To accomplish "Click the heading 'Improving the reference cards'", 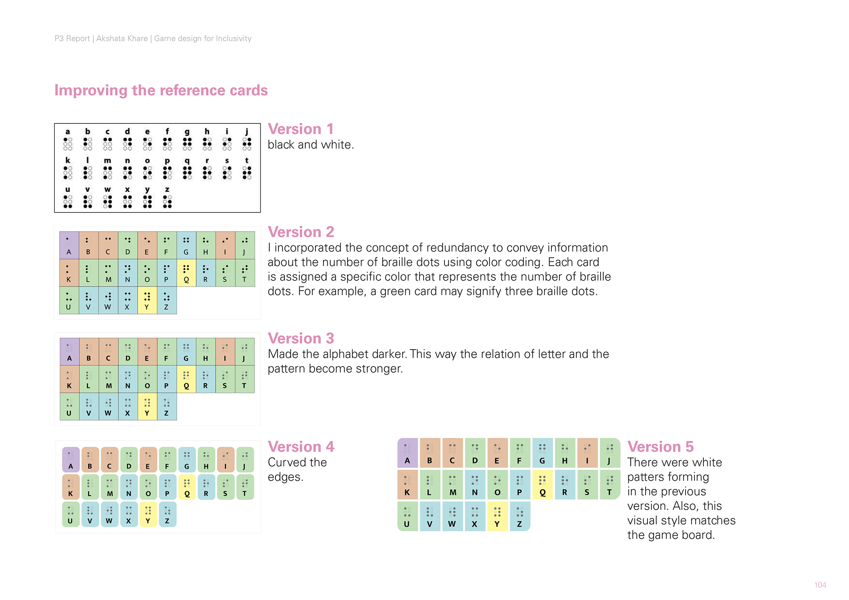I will [161, 90].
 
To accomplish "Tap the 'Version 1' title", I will [301, 129].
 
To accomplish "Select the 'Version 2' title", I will [301, 232].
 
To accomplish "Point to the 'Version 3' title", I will [301, 339].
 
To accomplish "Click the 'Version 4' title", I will [301, 447].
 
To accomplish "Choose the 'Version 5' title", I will [660, 447].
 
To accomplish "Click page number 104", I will [820, 585].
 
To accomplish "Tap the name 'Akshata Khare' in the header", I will [122, 39].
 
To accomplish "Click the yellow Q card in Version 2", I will [186, 273].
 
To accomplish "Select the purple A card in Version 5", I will [408, 453].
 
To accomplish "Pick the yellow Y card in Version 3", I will [147, 407].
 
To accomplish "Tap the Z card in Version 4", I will [167, 514].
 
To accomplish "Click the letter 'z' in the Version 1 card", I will [167, 190].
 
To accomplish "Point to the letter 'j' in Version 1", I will [247, 132].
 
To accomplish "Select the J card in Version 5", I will [610, 453].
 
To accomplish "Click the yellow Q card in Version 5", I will [542, 484].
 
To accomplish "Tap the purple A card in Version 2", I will [69, 245].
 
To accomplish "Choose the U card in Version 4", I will [70, 514].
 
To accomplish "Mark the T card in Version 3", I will [245, 379].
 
